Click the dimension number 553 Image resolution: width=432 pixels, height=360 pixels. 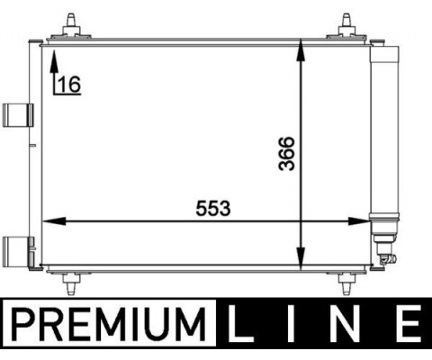click(213, 209)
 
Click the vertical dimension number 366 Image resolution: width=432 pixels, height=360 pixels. click(286, 154)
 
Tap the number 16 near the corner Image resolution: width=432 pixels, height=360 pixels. click(69, 85)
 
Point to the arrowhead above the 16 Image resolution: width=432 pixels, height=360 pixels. click(54, 62)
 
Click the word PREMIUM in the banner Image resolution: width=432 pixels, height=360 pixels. click(109, 324)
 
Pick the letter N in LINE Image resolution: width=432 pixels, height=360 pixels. click(345, 323)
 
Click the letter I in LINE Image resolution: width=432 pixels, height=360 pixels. click(291, 323)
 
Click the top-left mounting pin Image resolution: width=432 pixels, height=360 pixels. click(71, 26)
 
